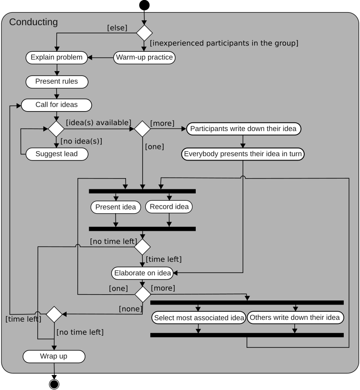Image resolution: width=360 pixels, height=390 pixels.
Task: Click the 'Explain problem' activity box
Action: pyautogui.click(x=56, y=58)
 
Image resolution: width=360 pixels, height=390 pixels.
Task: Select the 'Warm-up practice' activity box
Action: pyautogui.click(x=144, y=58)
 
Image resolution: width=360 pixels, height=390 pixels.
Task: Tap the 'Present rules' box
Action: pyautogui.click(x=56, y=81)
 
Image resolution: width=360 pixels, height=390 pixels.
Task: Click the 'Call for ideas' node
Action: pyautogui.click(x=56, y=105)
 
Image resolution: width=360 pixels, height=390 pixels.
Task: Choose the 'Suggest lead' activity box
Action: pyautogui.click(x=56, y=154)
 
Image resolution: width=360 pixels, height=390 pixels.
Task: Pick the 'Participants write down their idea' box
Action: pyautogui.click(x=243, y=129)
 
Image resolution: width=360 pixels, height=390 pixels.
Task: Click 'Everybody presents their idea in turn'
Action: pyautogui.click(x=243, y=154)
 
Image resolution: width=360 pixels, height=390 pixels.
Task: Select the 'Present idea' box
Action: pyautogui.click(x=116, y=207)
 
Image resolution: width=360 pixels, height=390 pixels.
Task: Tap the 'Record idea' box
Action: pyautogui.click(x=169, y=206)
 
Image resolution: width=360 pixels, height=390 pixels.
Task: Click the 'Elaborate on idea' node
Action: pyautogui.click(x=143, y=273)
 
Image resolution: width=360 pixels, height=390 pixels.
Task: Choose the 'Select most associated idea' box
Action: pyautogui.click(x=198, y=318)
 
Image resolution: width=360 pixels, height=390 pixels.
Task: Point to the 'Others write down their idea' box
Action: pyautogui.click(x=295, y=318)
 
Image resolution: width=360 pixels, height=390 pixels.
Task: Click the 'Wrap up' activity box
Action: pyautogui.click(x=54, y=356)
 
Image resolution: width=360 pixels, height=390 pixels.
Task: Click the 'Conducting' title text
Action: pyautogui.click(x=33, y=22)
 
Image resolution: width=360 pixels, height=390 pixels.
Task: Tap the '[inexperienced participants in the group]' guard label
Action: pyautogui.click(x=224, y=43)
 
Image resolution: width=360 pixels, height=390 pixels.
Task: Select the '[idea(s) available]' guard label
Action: pyautogui.click(x=99, y=122)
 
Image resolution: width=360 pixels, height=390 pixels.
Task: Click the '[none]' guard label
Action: pyautogui.click(x=130, y=309)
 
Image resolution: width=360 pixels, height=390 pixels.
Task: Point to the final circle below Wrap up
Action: pyautogui.click(x=54, y=384)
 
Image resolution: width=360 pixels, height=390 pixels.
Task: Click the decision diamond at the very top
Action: pyautogui.click(x=144, y=33)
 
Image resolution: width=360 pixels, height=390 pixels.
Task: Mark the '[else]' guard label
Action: pyautogui.click(x=117, y=28)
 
